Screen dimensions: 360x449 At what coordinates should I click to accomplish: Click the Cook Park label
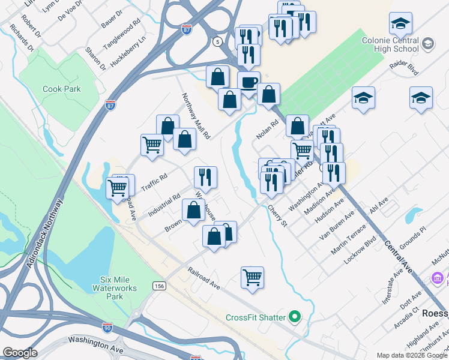point(61,89)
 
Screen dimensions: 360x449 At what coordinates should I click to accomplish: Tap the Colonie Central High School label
point(398,44)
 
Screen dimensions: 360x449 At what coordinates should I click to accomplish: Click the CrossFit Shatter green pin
point(294,316)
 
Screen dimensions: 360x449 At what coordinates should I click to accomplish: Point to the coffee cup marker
point(249,82)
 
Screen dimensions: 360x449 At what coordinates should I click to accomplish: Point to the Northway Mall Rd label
point(196,116)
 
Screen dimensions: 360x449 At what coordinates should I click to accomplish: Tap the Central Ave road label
point(398,255)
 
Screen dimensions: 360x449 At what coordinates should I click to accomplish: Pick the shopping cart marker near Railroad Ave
point(253,278)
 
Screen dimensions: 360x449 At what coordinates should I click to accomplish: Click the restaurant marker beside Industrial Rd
point(205,177)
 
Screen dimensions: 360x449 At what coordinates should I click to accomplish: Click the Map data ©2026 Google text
point(409,355)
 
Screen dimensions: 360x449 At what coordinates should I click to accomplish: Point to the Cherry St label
point(277,215)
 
